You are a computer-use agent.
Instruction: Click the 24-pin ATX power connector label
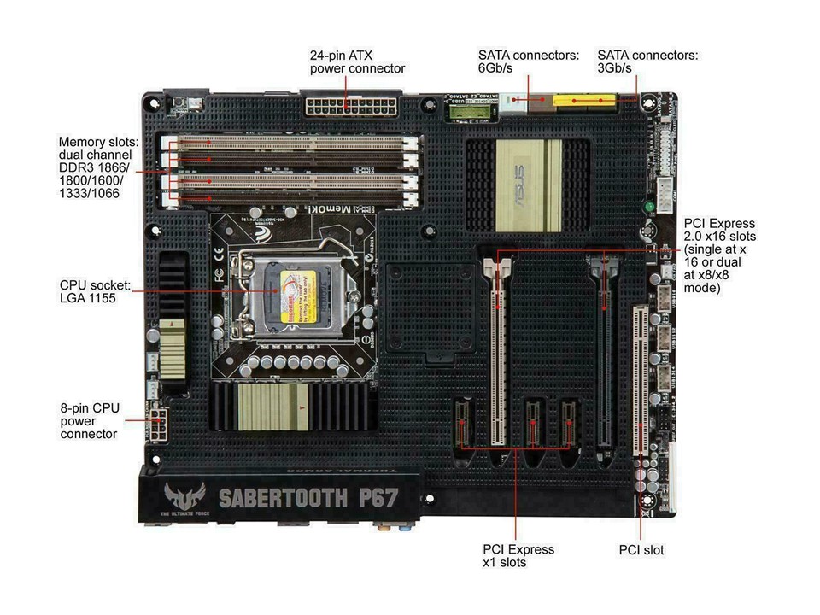click(x=357, y=61)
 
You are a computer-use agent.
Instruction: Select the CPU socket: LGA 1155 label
click(x=87, y=291)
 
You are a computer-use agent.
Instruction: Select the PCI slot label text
click(x=641, y=550)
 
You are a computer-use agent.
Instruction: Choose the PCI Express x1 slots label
click(x=518, y=555)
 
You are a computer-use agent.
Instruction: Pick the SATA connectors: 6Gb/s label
click(x=528, y=61)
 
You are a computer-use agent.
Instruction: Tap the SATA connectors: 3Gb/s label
click(x=647, y=61)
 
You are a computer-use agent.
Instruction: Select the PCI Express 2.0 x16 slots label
click(x=719, y=255)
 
